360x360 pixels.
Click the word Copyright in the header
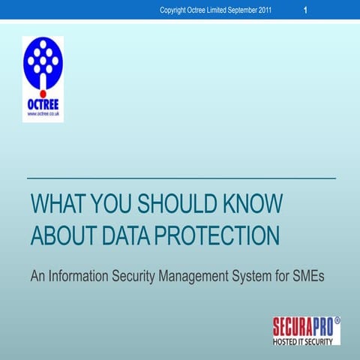[x=176, y=10]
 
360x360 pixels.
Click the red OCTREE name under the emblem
[x=43, y=103]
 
